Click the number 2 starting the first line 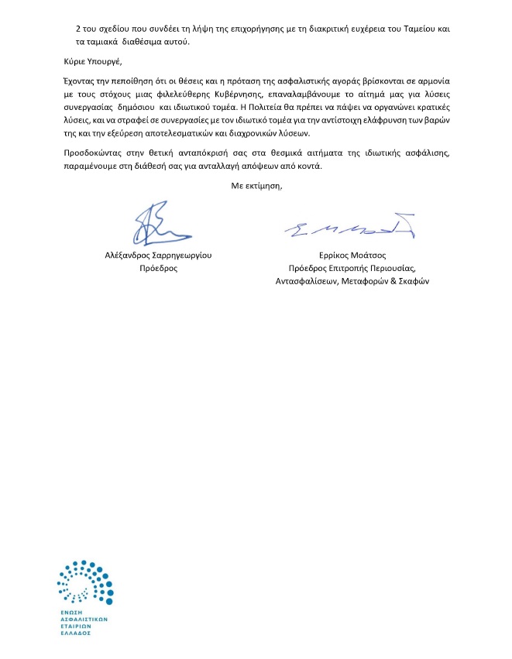(78, 29)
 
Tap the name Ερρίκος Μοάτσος (352, 254)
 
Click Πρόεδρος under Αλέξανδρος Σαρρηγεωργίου (158, 268)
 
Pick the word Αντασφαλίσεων (308, 281)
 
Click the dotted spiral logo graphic (85, 582)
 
